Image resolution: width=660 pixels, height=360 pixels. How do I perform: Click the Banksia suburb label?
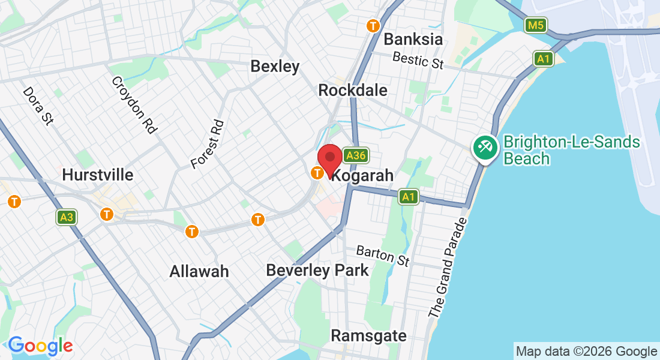pos(413,40)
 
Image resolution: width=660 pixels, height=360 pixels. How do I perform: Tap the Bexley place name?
pos(275,66)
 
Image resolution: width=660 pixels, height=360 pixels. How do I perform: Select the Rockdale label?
pos(353,91)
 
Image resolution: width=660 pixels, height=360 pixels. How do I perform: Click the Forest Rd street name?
pos(207,144)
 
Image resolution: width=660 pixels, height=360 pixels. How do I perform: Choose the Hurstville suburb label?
pos(98,175)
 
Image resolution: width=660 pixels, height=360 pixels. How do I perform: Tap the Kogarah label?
pos(363,176)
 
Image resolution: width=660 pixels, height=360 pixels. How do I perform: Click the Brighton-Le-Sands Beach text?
pos(571,150)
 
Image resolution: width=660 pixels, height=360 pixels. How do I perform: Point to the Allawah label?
pos(199,271)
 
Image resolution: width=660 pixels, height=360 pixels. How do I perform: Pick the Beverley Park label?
pos(317,271)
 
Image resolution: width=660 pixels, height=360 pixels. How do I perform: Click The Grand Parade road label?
pos(448,268)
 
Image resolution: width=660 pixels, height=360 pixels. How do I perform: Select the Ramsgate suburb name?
pos(368,335)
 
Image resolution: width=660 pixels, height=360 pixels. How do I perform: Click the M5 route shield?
pos(535,25)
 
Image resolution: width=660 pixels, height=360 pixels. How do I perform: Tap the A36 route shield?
pos(355,156)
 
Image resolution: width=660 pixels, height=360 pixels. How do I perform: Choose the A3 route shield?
pos(66,217)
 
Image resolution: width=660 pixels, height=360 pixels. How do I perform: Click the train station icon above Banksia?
pos(374,26)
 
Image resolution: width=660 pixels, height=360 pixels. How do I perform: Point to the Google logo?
pos(40,346)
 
